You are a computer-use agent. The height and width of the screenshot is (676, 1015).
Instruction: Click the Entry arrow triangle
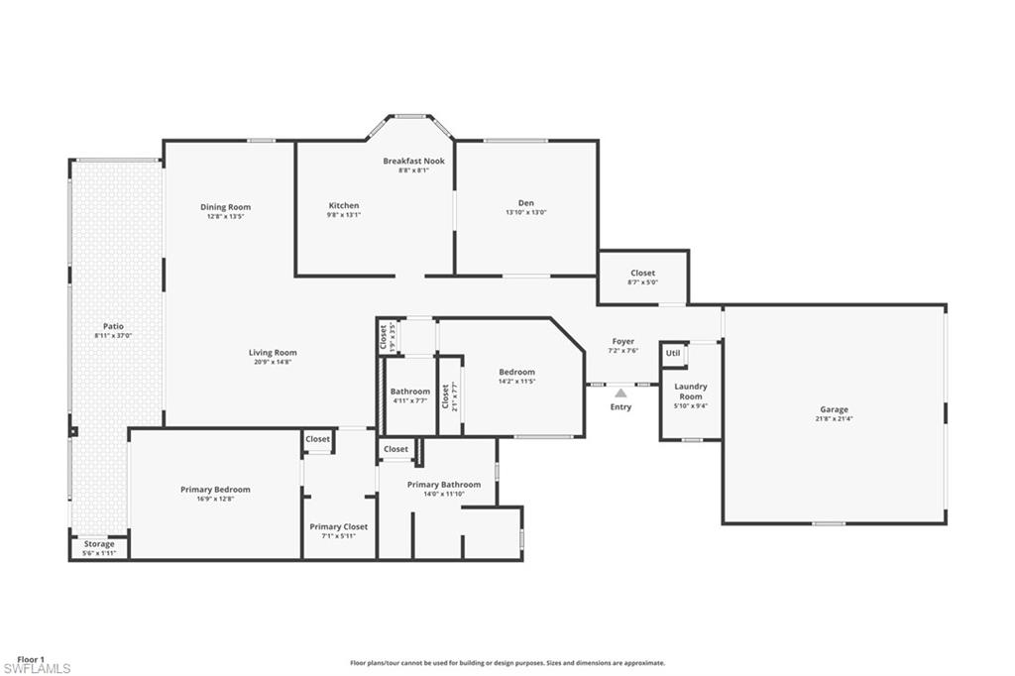click(x=620, y=393)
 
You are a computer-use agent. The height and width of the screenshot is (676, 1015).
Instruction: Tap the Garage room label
click(x=834, y=409)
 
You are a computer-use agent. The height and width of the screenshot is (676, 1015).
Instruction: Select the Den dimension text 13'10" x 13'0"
click(x=526, y=212)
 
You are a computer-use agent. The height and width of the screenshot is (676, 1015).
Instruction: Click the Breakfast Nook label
click(x=413, y=161)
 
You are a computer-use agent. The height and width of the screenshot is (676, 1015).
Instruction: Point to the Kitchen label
click(x=344, y=205)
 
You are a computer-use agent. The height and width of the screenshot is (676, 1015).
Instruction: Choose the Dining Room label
click(x=225, y=207)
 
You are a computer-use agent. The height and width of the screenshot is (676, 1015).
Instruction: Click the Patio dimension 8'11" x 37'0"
click(x=113, y=335)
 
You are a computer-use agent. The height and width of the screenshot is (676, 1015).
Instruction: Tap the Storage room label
click(x=99, y=544)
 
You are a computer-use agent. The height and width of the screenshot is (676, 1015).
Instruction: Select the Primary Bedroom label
click(x=215, y=490)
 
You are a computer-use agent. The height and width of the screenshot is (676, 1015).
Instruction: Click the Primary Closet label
click(x=339, y=526)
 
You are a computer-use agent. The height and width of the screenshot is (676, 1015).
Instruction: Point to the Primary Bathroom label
click(x=444, y=485)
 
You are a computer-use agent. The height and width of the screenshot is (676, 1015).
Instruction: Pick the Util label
click(x=673, y=353)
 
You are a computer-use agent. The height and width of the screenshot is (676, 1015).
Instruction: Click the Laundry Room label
click(x=691, y=392)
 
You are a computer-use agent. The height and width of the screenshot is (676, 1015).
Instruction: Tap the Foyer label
click(x=623, y=341)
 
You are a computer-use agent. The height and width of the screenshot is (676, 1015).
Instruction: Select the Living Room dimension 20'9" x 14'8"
click(x=274, y=362)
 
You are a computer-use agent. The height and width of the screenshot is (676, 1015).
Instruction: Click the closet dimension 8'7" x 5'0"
click(x=642, y=282)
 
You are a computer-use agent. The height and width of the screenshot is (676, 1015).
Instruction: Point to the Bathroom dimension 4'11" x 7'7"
click(x=409, y=400)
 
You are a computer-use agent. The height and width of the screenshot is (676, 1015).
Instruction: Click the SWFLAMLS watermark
click(x=37, y=668)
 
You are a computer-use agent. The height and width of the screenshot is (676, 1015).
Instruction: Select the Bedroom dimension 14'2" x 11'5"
click(x=516, y=382)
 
